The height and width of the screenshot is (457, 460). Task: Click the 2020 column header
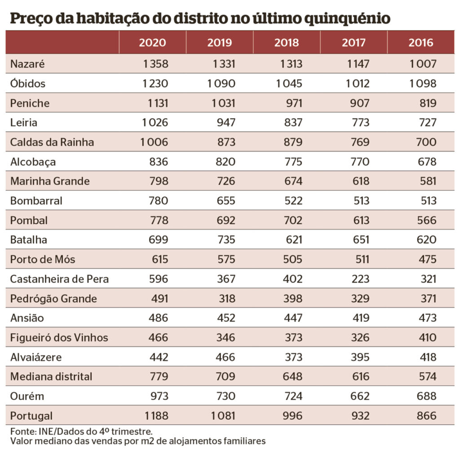pos(152,43)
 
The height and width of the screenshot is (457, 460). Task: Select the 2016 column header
pos(421,43)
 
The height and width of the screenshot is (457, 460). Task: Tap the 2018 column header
pos(287,43)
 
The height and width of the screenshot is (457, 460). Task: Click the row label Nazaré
pos(27,64)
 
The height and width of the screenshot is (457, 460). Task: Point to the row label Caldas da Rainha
pos(52,142)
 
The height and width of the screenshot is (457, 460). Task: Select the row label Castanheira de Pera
pos(59,279)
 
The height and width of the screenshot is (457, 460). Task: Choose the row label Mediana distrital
pos(51,377)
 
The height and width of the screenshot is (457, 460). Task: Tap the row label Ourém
pos(27,396)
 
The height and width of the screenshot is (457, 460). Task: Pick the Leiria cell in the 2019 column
pos(225,122)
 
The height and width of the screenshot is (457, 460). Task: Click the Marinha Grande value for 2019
pos(225,181)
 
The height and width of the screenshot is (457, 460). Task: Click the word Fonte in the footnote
pos(21,431)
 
